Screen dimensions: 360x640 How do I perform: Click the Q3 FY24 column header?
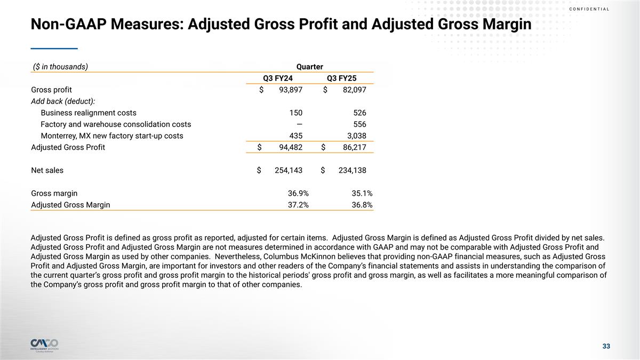click(277, 78)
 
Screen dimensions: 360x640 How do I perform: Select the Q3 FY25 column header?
click(341, 78)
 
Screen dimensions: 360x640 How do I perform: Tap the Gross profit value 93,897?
click(290, 90)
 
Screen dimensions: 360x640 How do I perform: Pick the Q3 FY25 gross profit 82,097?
click(354, 90)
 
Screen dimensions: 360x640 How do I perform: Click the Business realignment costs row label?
click(89, 113)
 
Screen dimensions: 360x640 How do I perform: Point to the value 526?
click(359, 113)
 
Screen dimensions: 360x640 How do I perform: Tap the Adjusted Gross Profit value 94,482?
click(290, 147)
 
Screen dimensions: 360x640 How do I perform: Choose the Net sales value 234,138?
click(352, 170)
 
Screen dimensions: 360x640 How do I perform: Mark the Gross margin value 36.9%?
click(298, 193)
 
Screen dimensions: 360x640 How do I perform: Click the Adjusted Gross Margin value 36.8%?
click(362, 204)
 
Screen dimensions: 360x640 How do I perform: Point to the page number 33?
click(606, 347)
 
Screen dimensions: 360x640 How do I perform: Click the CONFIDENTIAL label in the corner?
click(589, 9)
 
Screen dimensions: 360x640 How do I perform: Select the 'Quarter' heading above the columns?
click(310, 67)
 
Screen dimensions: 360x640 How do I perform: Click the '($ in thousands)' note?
click(60, 67)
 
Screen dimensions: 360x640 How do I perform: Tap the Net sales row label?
click(47, 170)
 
